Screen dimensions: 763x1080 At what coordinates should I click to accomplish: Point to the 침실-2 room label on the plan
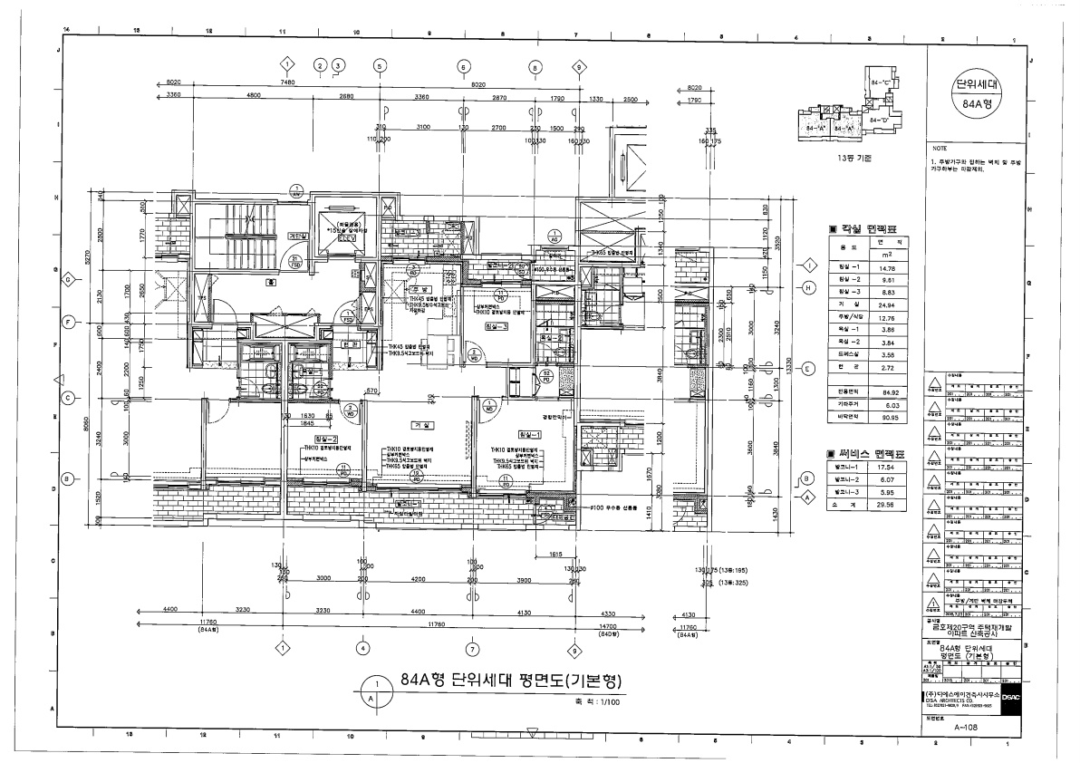pyautogui.click(x=301, y=439)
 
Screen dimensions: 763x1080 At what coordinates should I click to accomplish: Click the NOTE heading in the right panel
pyautogui.click(x=940, y=147)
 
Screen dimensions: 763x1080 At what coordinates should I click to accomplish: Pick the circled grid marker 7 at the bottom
pyautogui.click(x=471, y=648)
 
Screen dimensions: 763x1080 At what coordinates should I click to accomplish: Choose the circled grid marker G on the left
pyautogui.click(x=68, y=280)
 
